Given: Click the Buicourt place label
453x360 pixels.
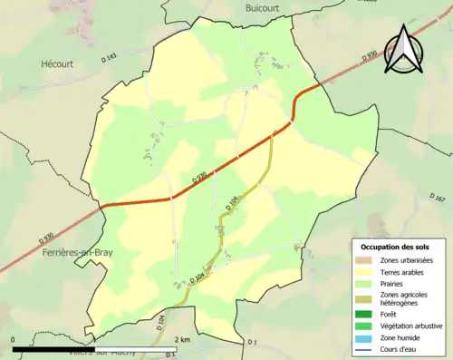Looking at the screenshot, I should point(268,7).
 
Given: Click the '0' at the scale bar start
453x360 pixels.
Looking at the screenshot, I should point(13,339).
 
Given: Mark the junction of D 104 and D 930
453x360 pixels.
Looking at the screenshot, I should point(273,132).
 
